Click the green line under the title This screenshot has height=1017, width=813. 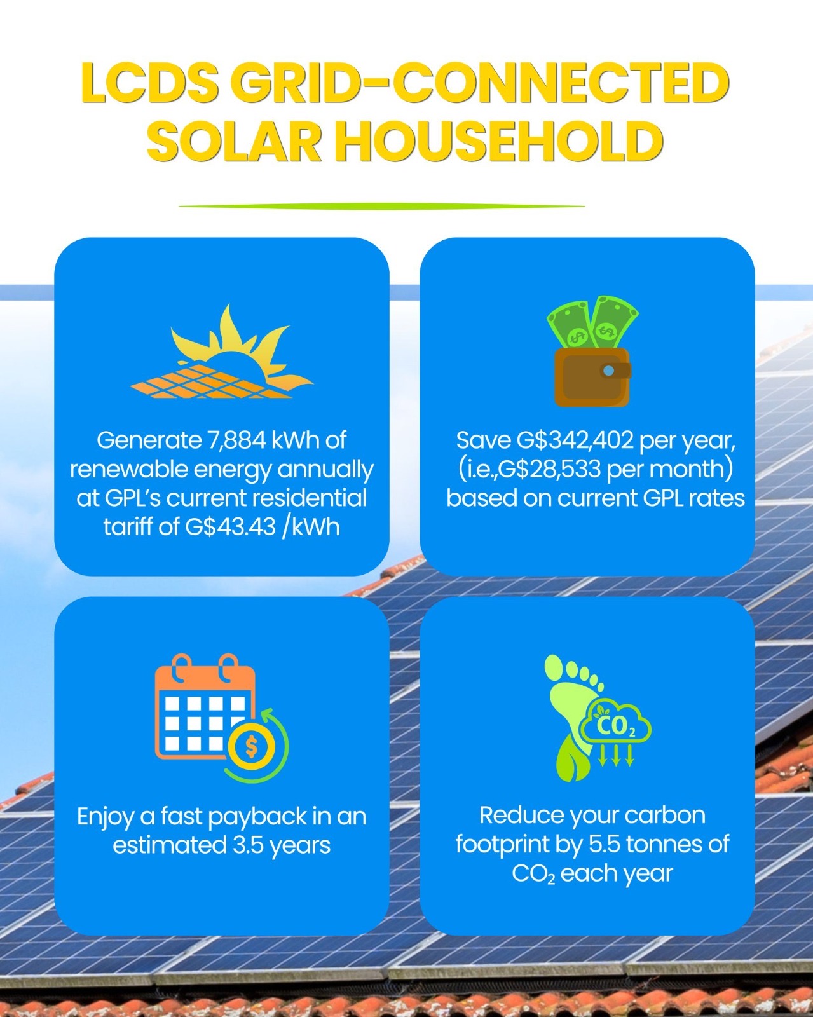click(x=381, y=206)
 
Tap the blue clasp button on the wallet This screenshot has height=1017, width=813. click(x=608, y=371)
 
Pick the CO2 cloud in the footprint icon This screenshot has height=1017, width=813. click(x=615, y=724)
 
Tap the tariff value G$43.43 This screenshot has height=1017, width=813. click(x=230, y=527)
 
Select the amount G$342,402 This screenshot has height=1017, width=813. click(x=575, y=440)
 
